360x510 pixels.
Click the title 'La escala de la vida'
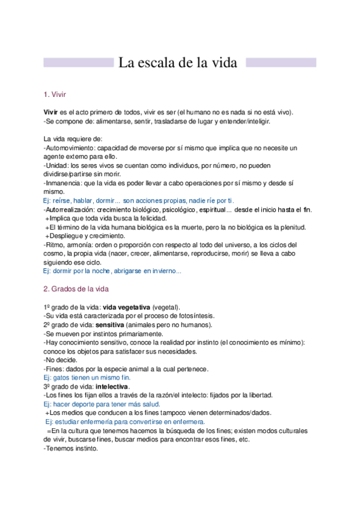coord(178,63)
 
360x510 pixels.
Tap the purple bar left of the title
coord(79,63)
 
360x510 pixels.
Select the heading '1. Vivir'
coord(55,94)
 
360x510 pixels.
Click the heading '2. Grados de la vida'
coord(76,289)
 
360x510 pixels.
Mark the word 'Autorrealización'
coord(69,209)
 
